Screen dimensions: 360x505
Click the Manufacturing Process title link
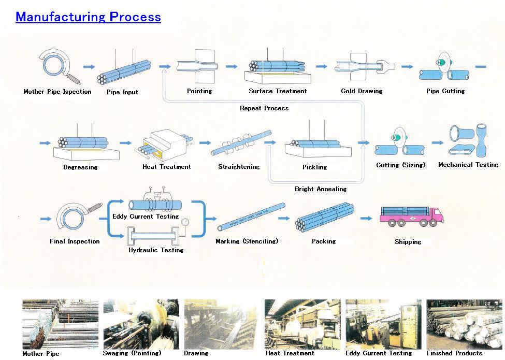click(88, 17)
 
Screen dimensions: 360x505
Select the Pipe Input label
click(123, 92)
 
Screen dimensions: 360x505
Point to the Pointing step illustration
click(199, 66)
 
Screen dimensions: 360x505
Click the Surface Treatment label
click(278, 91)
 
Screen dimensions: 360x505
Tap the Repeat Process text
click(264, 108)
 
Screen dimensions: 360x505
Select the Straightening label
click(239, 167)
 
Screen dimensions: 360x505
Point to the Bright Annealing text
click(321, 189)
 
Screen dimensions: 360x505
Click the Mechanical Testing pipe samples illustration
click(468, 141)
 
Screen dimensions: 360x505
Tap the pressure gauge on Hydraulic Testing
click(184, 221)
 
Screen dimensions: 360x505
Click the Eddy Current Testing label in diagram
click(146, 217)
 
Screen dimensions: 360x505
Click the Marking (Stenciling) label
click(247, 241)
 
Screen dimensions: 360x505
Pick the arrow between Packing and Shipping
click(366, 219)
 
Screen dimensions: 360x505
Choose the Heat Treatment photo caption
click(290, 353)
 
